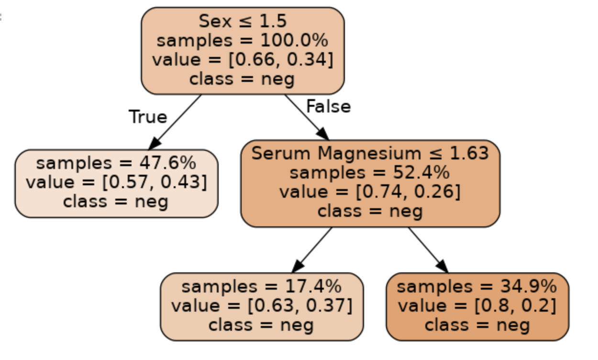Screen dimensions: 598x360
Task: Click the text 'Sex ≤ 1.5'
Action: pos(243,21)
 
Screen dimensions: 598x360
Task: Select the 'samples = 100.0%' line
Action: pos(243,40)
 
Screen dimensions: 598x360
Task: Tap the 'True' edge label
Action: pos(148,117)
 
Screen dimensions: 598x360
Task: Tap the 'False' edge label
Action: pos(328,106)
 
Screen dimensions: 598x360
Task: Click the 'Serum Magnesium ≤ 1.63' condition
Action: pos(370,153)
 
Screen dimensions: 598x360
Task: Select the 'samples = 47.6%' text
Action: pos(116,163)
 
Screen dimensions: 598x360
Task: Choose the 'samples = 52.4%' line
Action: pos(370,172)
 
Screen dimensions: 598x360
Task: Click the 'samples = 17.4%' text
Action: pos(262,287)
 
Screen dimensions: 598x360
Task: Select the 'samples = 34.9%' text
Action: pos(477,287)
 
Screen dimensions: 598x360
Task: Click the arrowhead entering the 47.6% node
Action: pos(155,143)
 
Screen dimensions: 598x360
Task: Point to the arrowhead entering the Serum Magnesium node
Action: pos(323,134)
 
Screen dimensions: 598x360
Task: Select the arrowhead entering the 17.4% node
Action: pos(298,266)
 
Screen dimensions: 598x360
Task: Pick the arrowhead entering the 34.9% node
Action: pos(442,266)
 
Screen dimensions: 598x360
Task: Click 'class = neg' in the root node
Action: pos(242,79)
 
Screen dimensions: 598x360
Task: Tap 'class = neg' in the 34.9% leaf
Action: pos(477,326)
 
